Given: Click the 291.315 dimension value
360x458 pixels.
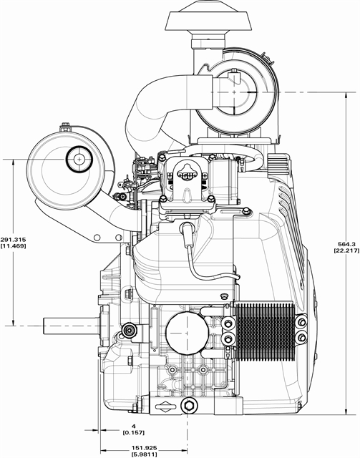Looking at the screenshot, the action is (13, 240).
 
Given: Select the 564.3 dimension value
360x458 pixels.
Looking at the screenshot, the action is (346, 244).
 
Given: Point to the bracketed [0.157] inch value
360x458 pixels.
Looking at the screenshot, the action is (134, 432).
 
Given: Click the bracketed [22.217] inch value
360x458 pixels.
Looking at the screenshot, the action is (346, 250).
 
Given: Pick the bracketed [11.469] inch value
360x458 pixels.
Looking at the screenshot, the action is (13, 246).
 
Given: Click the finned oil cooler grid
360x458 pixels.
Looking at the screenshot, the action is (264, 331).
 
